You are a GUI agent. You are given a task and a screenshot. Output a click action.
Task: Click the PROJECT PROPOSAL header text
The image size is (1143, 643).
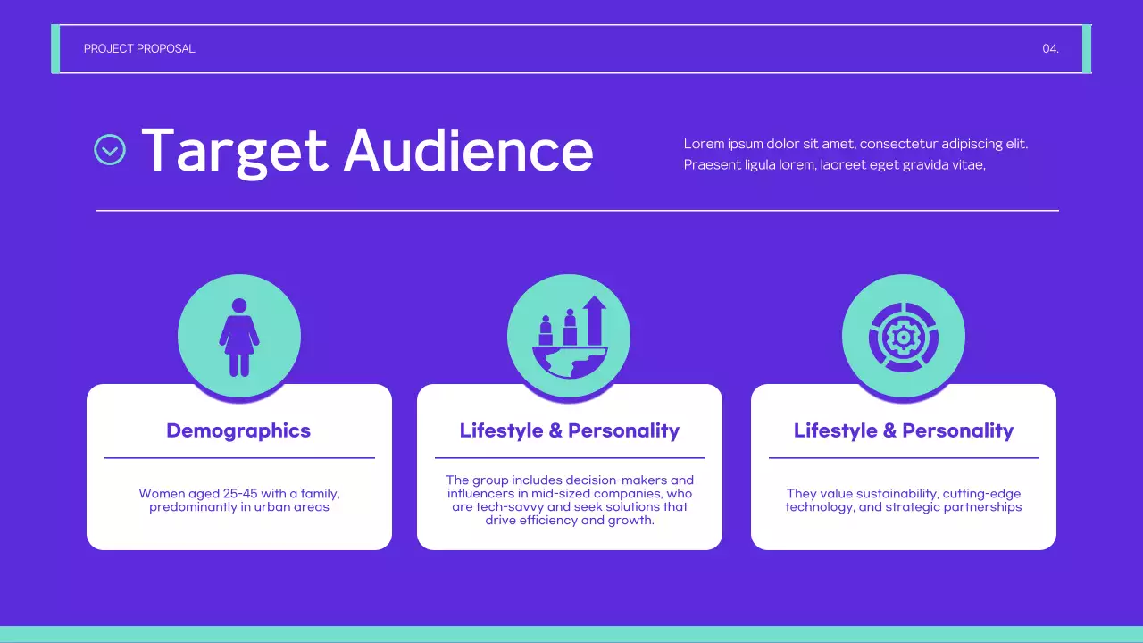[x=139, y=49]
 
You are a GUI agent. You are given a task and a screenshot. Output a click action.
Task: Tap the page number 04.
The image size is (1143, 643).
[x=1050, y=49]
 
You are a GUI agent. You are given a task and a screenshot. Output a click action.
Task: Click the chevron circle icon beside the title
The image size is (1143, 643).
[x=110, y=149]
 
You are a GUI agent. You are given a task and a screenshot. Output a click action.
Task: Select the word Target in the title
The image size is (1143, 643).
[x=235, y=150]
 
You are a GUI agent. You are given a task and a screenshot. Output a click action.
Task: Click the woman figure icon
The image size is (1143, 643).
[x=239, y=337]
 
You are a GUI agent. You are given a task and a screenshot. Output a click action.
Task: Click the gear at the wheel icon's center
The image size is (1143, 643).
[x=903, y=337]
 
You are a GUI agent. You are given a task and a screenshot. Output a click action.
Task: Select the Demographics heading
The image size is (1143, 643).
[x=238, y=430]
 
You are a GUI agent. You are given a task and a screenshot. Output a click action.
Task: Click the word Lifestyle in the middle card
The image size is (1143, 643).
[x=500, y=430]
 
